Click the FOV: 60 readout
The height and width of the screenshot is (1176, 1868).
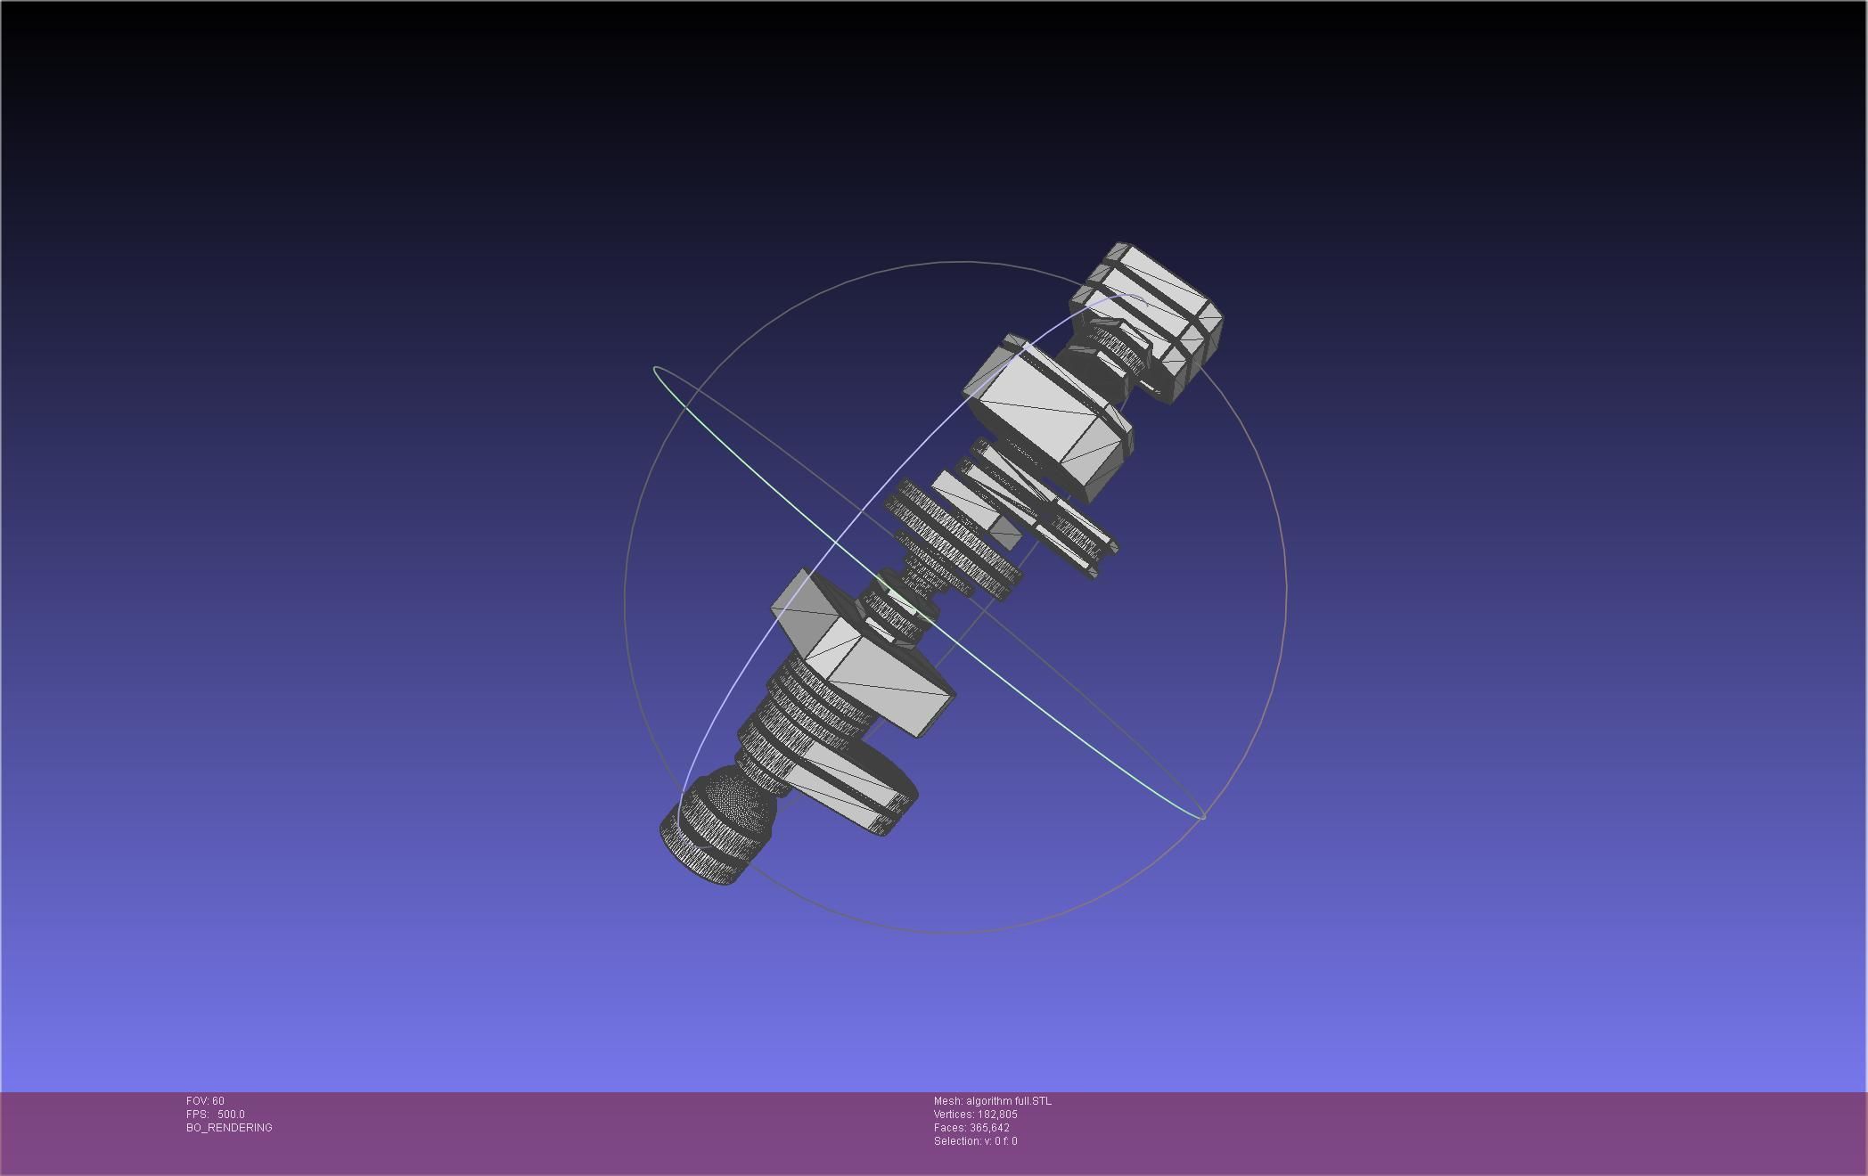[205, 1101]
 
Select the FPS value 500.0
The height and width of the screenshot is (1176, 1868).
[231, 1115]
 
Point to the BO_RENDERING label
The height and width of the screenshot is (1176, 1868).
[229, 1128]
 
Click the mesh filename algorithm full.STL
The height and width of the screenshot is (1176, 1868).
[1008, 1101]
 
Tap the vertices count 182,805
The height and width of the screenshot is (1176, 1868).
[996, 1115]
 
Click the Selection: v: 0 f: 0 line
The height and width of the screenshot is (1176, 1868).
[975, 1141]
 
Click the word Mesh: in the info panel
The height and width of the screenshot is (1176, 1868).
[948, 1101]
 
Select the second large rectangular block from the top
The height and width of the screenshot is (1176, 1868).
[1047, 419]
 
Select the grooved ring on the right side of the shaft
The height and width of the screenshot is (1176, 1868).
[1074, 535]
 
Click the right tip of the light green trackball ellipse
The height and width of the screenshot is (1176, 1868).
[1202, 815]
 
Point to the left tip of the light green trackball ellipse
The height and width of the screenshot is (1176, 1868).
[656, 369]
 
